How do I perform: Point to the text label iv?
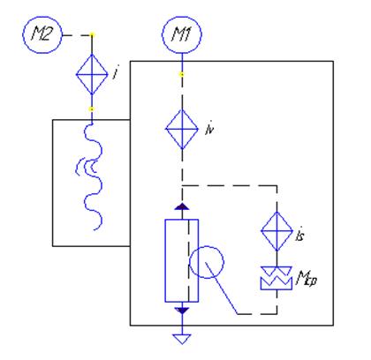coord(209,129)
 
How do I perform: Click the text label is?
coord(299,235)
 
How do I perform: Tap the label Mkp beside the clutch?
coord(307,278)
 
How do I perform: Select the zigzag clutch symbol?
coord(276,278)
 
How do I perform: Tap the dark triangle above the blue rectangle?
coord(182,206)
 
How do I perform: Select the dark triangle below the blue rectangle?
coord(182,311)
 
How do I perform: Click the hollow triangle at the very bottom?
coord(182,339)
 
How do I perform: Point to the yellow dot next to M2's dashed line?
coord(92,35)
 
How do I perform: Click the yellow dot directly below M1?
coord(182,75)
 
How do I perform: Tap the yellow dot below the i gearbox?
coord(92,109)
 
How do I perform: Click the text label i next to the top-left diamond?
coord(116,72)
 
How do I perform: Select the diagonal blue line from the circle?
coord(222,288)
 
